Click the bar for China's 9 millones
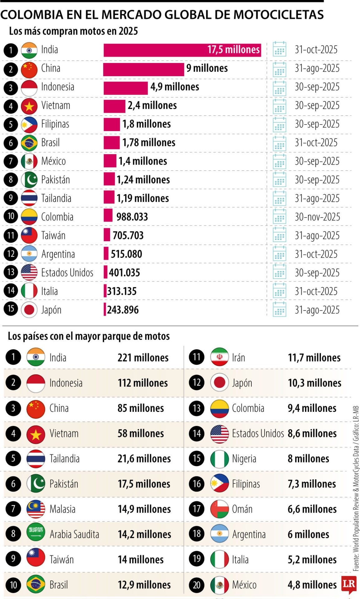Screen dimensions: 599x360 [144, 69]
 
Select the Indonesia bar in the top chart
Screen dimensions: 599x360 [125, 88]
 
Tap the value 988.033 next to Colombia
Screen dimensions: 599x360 [132, 217]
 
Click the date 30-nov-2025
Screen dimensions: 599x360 [317, 217]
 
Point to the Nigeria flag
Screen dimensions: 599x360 [220, 459]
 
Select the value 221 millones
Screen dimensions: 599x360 [143, 358]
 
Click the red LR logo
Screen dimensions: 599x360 [349, 584]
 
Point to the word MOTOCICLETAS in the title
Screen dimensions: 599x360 [278, 15]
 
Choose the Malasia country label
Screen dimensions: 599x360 [62, 509]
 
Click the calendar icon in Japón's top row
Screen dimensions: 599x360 [279, 309]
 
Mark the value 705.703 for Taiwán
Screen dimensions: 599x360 [128, 235]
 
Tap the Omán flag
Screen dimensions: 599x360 [220, 509]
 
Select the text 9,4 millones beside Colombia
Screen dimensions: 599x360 [312, 408]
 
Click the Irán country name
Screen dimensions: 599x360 [238, 358]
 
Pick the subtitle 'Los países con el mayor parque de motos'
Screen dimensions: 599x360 [89, 336]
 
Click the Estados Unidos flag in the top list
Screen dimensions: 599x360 [29, 272]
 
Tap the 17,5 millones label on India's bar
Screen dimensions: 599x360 [233, 50]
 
